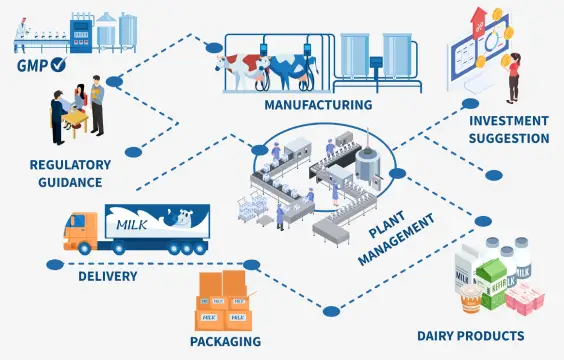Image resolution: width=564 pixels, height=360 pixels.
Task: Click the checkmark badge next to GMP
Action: point(59,66)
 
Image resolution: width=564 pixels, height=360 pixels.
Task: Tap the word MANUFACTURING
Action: point(319,104)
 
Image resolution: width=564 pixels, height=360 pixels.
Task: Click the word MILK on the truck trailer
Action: point(131,221)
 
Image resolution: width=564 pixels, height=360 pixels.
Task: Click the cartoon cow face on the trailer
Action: point(182,217)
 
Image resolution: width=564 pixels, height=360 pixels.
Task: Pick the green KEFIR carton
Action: point(492,277)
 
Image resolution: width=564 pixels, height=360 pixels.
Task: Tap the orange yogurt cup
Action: point(468,297)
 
